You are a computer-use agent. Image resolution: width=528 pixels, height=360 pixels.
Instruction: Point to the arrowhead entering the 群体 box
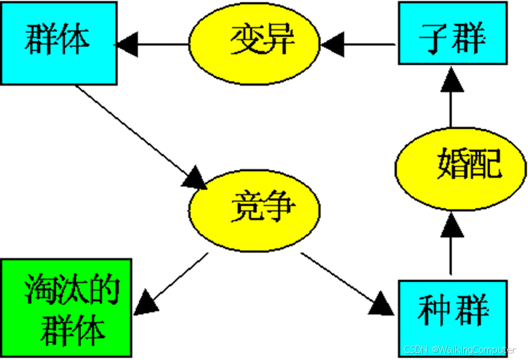point(127,44)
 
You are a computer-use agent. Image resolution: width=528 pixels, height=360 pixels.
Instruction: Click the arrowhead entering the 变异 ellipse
point(332,44)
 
